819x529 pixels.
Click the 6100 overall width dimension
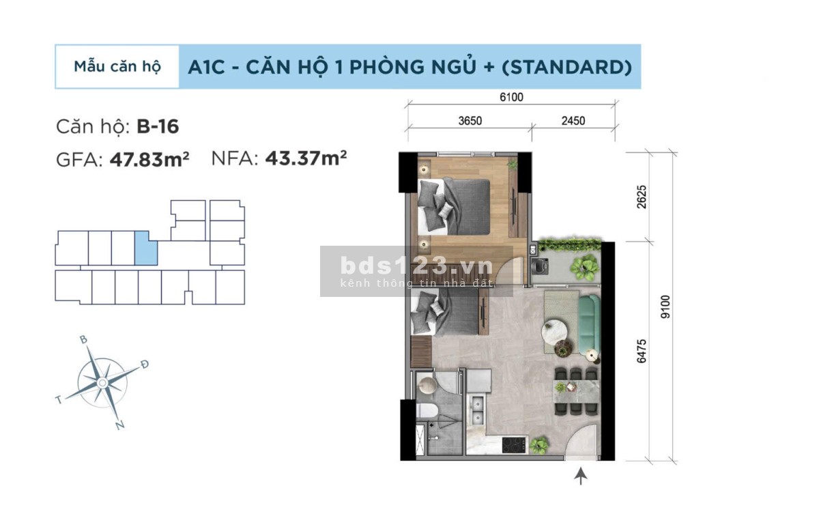click(511, 98)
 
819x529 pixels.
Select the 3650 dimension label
click(470, 121)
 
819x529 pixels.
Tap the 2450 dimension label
click(573, 121)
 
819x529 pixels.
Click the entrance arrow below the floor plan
click(581, 476)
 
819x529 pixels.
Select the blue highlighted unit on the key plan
click(145, 248)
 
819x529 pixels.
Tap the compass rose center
click(102, 383)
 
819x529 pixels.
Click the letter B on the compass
click(83, 339)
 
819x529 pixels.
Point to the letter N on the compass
click(120, 426)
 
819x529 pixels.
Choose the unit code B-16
click(158, 126)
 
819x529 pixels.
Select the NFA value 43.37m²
click(306, 158)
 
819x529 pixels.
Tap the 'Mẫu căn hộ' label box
click(117, 67)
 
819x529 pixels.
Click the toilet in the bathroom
click(426, 412)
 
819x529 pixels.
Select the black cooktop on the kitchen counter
click(514, 445)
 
